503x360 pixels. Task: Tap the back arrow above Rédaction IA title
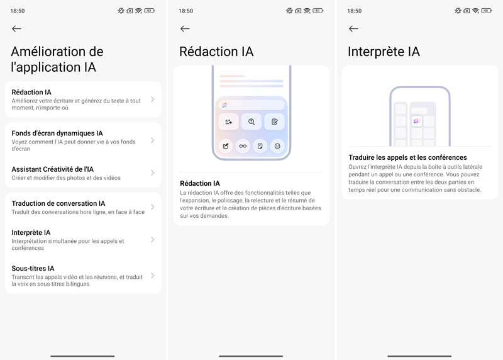[x=185, y=29]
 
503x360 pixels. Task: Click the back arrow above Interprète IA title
[x=353, y=29]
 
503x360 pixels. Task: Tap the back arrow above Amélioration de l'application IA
[x=17, y=29]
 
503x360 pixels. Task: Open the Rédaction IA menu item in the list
[x=31, y=92]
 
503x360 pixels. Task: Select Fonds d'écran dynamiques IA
[x=57, y=133]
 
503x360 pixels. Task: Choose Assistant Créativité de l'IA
[x=53, y=169]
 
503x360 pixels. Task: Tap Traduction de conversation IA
[x=58, y=203]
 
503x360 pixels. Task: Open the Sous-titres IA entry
[x=33, y=269]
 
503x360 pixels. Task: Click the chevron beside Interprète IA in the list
[x=153, y=240]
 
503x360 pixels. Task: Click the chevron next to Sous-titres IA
[x=153, y=276]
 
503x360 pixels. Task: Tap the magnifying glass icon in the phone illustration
[x=251, y=121]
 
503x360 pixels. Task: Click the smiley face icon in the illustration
[x=277, y=146]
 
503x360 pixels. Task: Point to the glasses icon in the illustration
[x=243, y=146]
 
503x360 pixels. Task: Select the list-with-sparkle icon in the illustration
[x=228, y=121]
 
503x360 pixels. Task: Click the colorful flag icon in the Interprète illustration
[x=416, y=121]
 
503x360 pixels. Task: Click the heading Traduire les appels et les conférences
[x=407, y=157]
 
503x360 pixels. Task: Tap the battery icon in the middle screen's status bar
[x=318, y=11]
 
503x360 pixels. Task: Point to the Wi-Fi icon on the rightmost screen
[x=476, y=11]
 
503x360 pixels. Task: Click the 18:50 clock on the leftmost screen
[x=18, y=11]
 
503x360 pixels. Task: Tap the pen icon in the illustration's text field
[x=224, y=104]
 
